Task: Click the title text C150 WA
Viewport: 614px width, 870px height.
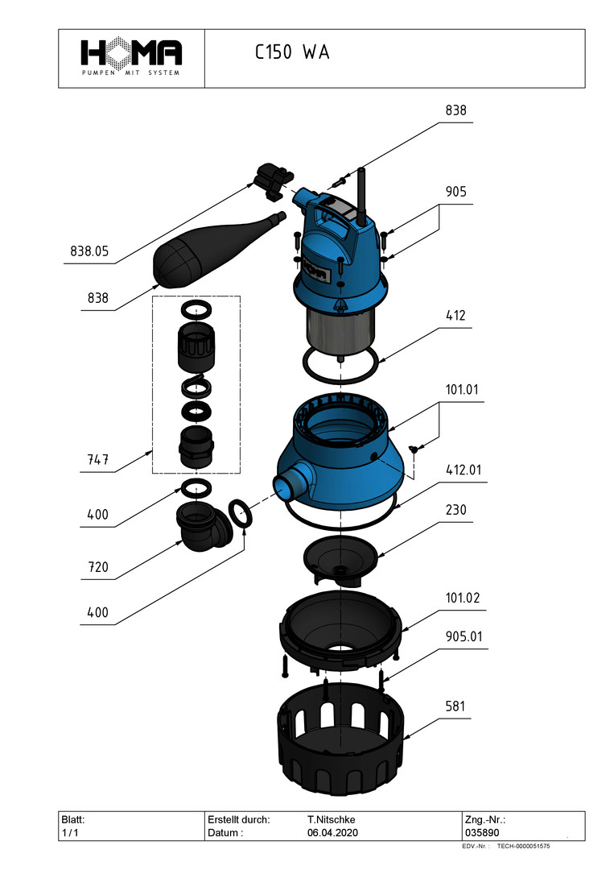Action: pyautogui.click(x=292, y=53)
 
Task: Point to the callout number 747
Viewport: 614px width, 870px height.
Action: pyautogui.click(x=97, y=462)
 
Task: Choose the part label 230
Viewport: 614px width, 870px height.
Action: pyautogui.click(x=455, y=511)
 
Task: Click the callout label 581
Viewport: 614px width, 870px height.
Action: pyautogui.click(x=455, y=706)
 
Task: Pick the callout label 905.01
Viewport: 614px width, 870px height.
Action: pyautogui.click(x=466, y=636)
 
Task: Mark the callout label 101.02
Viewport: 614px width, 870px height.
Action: pyautogui.click(x=463, y=599)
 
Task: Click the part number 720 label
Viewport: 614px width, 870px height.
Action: pyautogui.click(x=97, y=568)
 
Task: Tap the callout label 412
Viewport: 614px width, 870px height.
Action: pyautogui.click(x=455, y=316)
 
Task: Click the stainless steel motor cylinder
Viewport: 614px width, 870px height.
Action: pyautogui.click(x=341, y=329)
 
